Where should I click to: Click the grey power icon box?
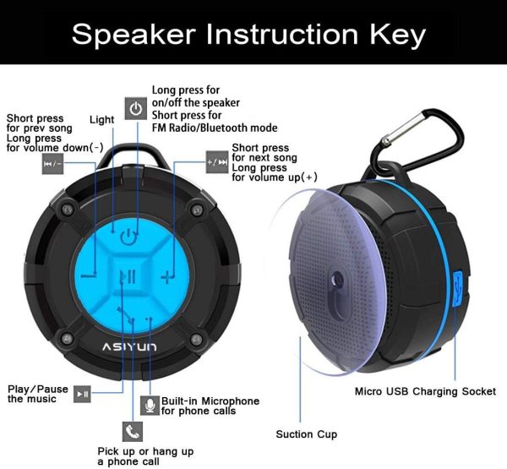(136, 108)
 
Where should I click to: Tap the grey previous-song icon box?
(52, 164)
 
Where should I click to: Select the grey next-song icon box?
(217, 161)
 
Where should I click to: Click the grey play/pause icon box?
(82, 394)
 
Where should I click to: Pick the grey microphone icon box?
(150, 406)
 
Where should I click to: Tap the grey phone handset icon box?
(133, 432)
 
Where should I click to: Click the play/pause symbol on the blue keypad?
(128, 277)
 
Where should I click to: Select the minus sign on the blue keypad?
(89, 275)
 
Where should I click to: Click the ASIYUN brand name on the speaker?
(129, 347)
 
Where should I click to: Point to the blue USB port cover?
(458, 288)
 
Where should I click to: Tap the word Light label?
(102, 120)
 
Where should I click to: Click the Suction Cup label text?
(307, 434)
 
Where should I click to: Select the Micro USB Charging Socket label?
(425, 391)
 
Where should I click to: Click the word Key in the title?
(398, 35)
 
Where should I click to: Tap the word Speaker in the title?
(134, 35)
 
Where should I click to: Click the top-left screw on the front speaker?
(68, 210)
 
